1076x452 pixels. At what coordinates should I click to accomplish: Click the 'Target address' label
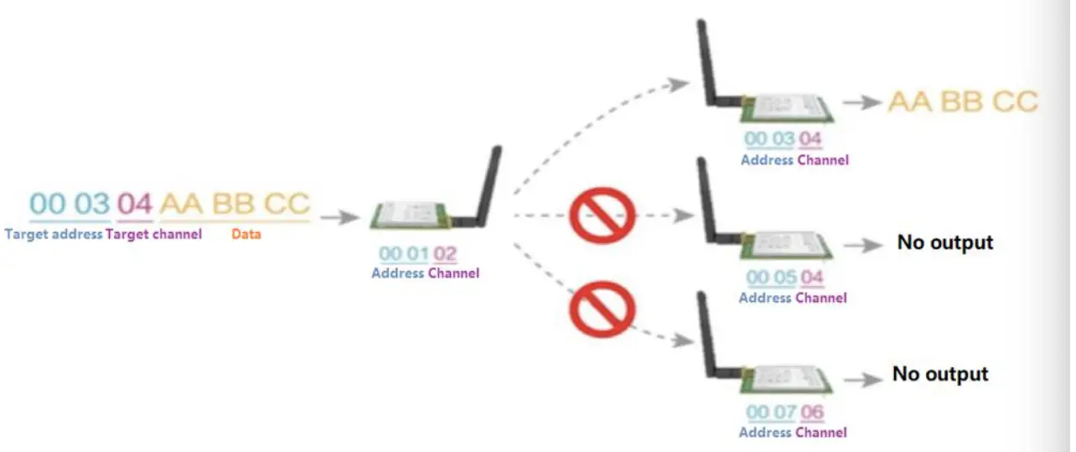tap(54, 235)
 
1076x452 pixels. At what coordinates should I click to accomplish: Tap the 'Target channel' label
tap(153, 235)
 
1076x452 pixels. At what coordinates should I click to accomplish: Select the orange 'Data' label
tap(246, 235)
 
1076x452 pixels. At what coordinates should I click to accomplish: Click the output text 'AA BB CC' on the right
tap(963, 102)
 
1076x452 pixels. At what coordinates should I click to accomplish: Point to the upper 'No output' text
tap(944, 243)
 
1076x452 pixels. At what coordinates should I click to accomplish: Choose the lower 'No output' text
tap(940, 374)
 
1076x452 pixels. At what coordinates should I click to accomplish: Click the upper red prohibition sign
tap(601, 216)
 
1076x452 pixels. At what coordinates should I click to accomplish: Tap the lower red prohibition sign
tap(601, 309)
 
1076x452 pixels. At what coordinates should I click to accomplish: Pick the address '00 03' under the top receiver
tap(769, 140)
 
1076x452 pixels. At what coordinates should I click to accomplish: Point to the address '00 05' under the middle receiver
tap(768, 278)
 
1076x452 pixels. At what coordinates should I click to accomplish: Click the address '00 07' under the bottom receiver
tap(769, 413)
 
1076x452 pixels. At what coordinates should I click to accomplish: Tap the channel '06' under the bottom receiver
tap(812, 413)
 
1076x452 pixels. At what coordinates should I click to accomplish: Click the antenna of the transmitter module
tap(489, 184)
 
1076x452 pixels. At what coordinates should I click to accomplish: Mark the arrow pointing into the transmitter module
tap(339, 218)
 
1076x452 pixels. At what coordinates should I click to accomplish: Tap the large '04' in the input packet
tap(134, 204)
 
